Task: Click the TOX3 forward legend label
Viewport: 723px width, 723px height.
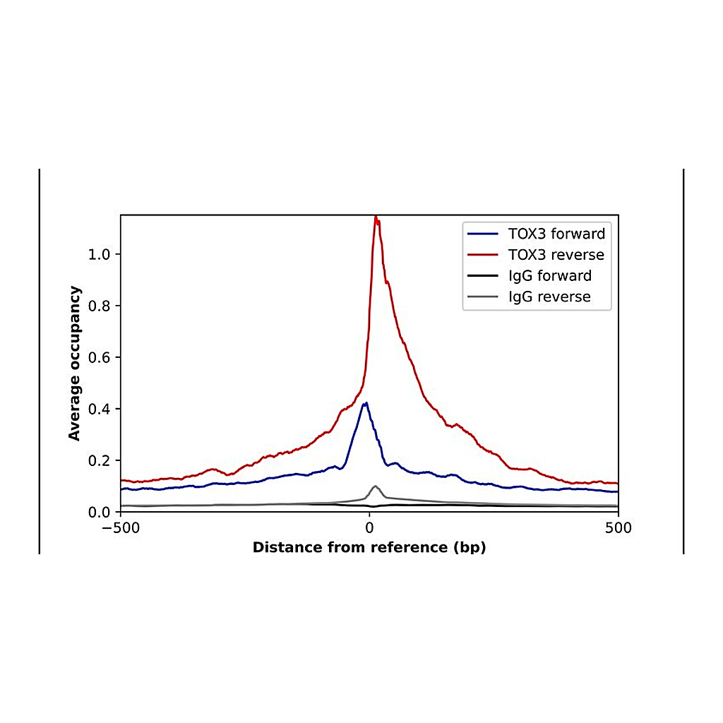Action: click(x=556, y=234)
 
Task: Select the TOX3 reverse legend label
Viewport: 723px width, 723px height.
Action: click(x=556, y=254)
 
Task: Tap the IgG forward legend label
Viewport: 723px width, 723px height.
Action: click(x=550, y=276)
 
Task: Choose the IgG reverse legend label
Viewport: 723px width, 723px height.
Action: click(x=549, y=297)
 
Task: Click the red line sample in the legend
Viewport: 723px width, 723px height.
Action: click(x=483, y=254)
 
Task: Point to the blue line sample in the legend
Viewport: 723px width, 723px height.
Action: click(x=483, y=234)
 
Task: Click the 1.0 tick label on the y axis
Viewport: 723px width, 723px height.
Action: click(x=99, y=254)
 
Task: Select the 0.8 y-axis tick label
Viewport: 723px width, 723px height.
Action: click(x=99, y=306)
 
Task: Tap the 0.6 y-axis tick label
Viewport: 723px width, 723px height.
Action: click(x=99, y=357)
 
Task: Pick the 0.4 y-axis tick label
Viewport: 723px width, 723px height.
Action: click(x=99, y=409)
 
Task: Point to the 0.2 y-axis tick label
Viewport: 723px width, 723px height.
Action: click(x=99, y=460)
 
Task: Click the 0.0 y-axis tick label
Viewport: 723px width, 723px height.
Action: click(x=99, y=512)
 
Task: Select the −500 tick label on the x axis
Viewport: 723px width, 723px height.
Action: click(x=121, y=528)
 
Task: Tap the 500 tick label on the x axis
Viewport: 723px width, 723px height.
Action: click(x=619, y=528)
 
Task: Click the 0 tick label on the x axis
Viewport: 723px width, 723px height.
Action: click(x=369, y=528)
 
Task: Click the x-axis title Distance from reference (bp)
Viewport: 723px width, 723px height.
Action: click(x=369, y=547)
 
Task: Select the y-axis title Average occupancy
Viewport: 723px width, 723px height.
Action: click(x=74, y=364)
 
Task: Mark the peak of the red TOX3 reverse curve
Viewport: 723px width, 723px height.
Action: click(x=376, y=217)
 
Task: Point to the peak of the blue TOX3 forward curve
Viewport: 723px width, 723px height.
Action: click(x=366, y=403)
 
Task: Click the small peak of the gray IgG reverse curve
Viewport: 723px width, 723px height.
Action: click(x=376, y=486)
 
